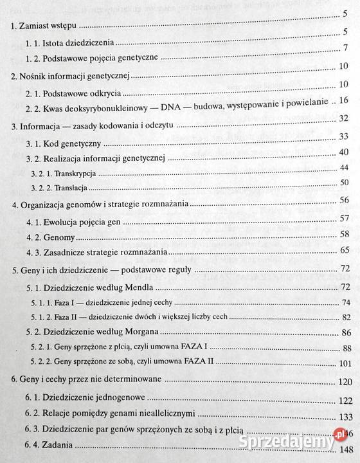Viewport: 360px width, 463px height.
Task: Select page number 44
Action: (343, 167)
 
